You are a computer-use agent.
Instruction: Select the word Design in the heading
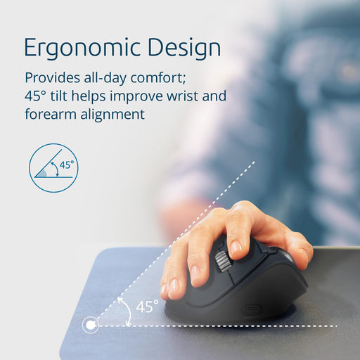coord(184,47)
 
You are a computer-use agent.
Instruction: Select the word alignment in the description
coord(114,113)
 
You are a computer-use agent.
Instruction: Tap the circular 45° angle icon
coord(53,168)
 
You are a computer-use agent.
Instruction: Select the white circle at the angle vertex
coord(90,325)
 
